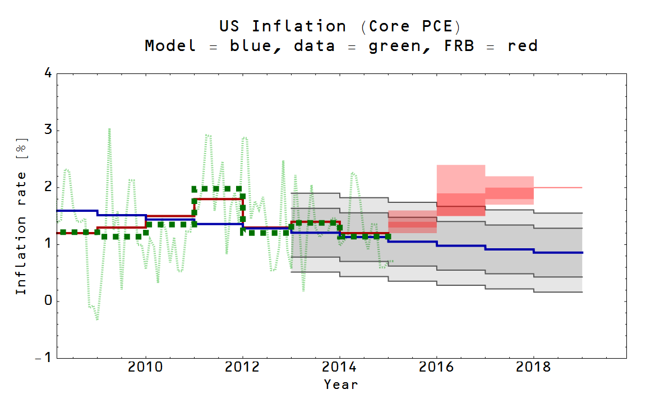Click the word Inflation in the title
tap(298, 26)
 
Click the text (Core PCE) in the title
tap(410, 26)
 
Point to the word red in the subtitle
tap(523, 46)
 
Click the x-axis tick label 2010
tap(146, 368)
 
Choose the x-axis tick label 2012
tap(243, 368)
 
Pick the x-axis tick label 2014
tap(339, 368)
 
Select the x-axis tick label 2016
tap(436, 368)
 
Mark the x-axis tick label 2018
tap(533, 368)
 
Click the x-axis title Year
tap(340, 384)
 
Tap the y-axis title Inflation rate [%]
tap(21, 216)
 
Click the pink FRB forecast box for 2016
tap(460, 179)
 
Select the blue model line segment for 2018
tap(557, 253)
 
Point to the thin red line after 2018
tap(557, 188)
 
